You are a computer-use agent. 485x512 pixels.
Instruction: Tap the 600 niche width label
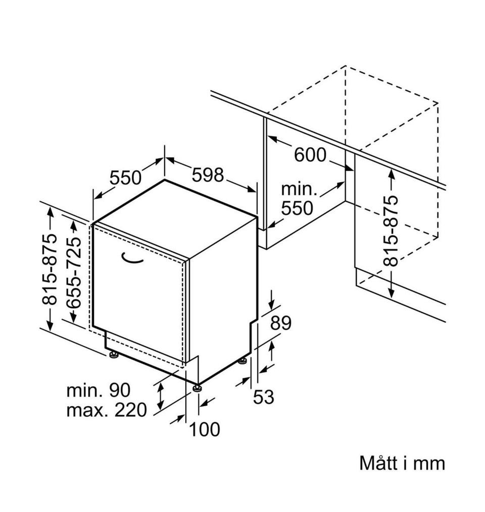coord(310,155)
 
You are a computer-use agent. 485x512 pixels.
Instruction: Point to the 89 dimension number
coord(281,323)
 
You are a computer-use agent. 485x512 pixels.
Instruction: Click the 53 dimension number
coord(263,397)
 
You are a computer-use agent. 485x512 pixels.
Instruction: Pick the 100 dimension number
coord(205,430)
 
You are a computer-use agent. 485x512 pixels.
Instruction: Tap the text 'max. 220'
coord(107,410)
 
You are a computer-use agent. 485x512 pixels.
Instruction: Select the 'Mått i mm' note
coord(402,463)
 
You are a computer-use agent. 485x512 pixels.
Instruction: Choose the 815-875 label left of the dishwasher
coord(51,270)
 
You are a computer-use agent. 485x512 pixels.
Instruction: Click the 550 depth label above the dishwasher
coord(125,178)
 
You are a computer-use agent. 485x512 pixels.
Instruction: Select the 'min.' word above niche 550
coord(299,190)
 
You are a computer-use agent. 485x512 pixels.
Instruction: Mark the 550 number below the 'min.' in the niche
coord(298,208)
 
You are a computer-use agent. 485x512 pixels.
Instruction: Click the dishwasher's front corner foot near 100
coord(196,388)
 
